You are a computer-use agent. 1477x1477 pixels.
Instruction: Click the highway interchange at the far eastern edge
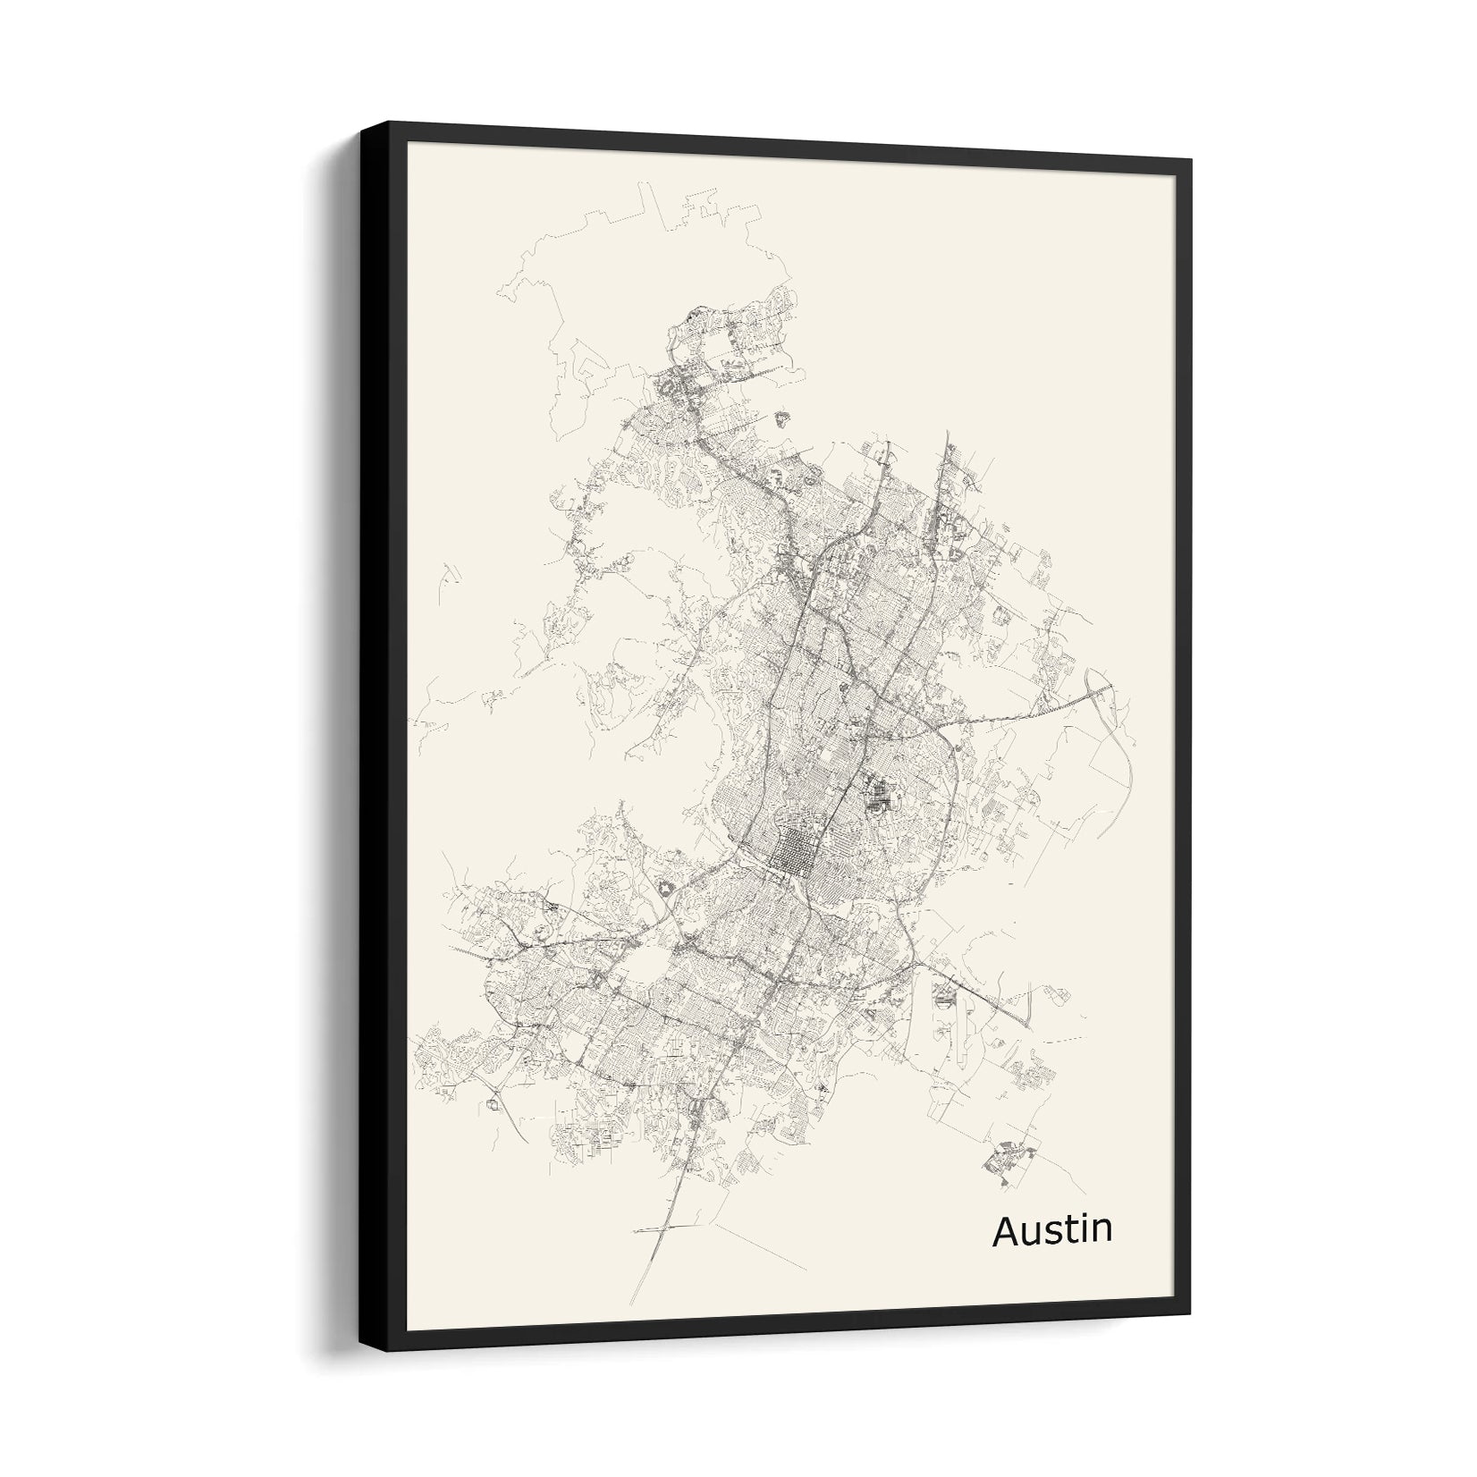tap(1098, 688)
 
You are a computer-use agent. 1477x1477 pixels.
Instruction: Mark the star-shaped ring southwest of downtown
tap(666, 887)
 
